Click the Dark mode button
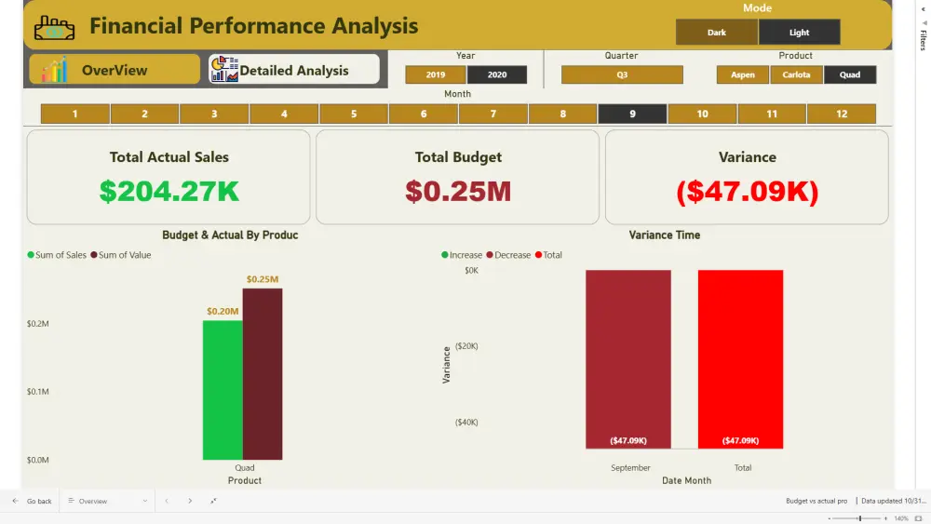(717, 33)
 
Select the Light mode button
(799, 33)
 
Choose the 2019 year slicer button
(435, 74)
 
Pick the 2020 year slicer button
(497, 74)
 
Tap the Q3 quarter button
(622, 74)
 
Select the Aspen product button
(743, 74)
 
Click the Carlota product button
(796, 74)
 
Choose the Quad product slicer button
(850, 74)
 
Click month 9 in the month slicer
(632, 114)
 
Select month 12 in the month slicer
(842, 114)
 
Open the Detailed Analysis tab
(294, 70)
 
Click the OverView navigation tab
(115, 70)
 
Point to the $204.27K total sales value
(169, 191)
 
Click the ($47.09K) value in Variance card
(747, 191)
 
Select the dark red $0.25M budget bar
(263, 373)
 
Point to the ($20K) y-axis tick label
(466, 346)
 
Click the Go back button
(32, 501)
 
